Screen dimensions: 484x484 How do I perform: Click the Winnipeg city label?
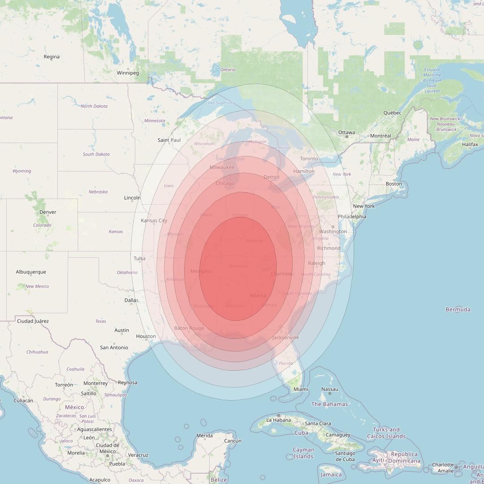(x=128, y=73)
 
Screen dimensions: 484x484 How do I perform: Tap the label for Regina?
(x=52, y=57)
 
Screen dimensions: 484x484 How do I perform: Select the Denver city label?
(x=48, y=212)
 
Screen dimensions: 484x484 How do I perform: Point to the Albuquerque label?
(x=31, y=272)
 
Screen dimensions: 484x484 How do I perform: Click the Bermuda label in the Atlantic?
(x=458, y=310)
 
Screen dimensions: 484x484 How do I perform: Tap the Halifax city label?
(x=470, y=145)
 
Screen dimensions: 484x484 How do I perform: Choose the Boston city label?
(x=394, y=184)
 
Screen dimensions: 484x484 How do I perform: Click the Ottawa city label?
(x=346, y=133)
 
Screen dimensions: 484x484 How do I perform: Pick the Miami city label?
(x=301, y=389)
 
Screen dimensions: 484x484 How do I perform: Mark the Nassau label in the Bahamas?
(x=330, y=389)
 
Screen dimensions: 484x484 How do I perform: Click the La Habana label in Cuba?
(x=279, y=420)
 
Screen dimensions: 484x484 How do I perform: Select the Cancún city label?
(x=233, y=441)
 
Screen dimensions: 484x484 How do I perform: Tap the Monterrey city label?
(x=95, y=384)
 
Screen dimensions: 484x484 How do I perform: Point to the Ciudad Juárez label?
(x=33, y=321)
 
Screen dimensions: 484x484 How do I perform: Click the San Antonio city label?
(x=114, y=348)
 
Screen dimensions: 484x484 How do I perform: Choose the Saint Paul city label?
(x=169, y=140)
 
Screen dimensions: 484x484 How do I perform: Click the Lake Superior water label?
(x=219, y=103)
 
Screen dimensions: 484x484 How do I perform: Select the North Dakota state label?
(x=94, y=106)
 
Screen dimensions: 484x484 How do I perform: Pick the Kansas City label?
(x=154, y=220)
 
